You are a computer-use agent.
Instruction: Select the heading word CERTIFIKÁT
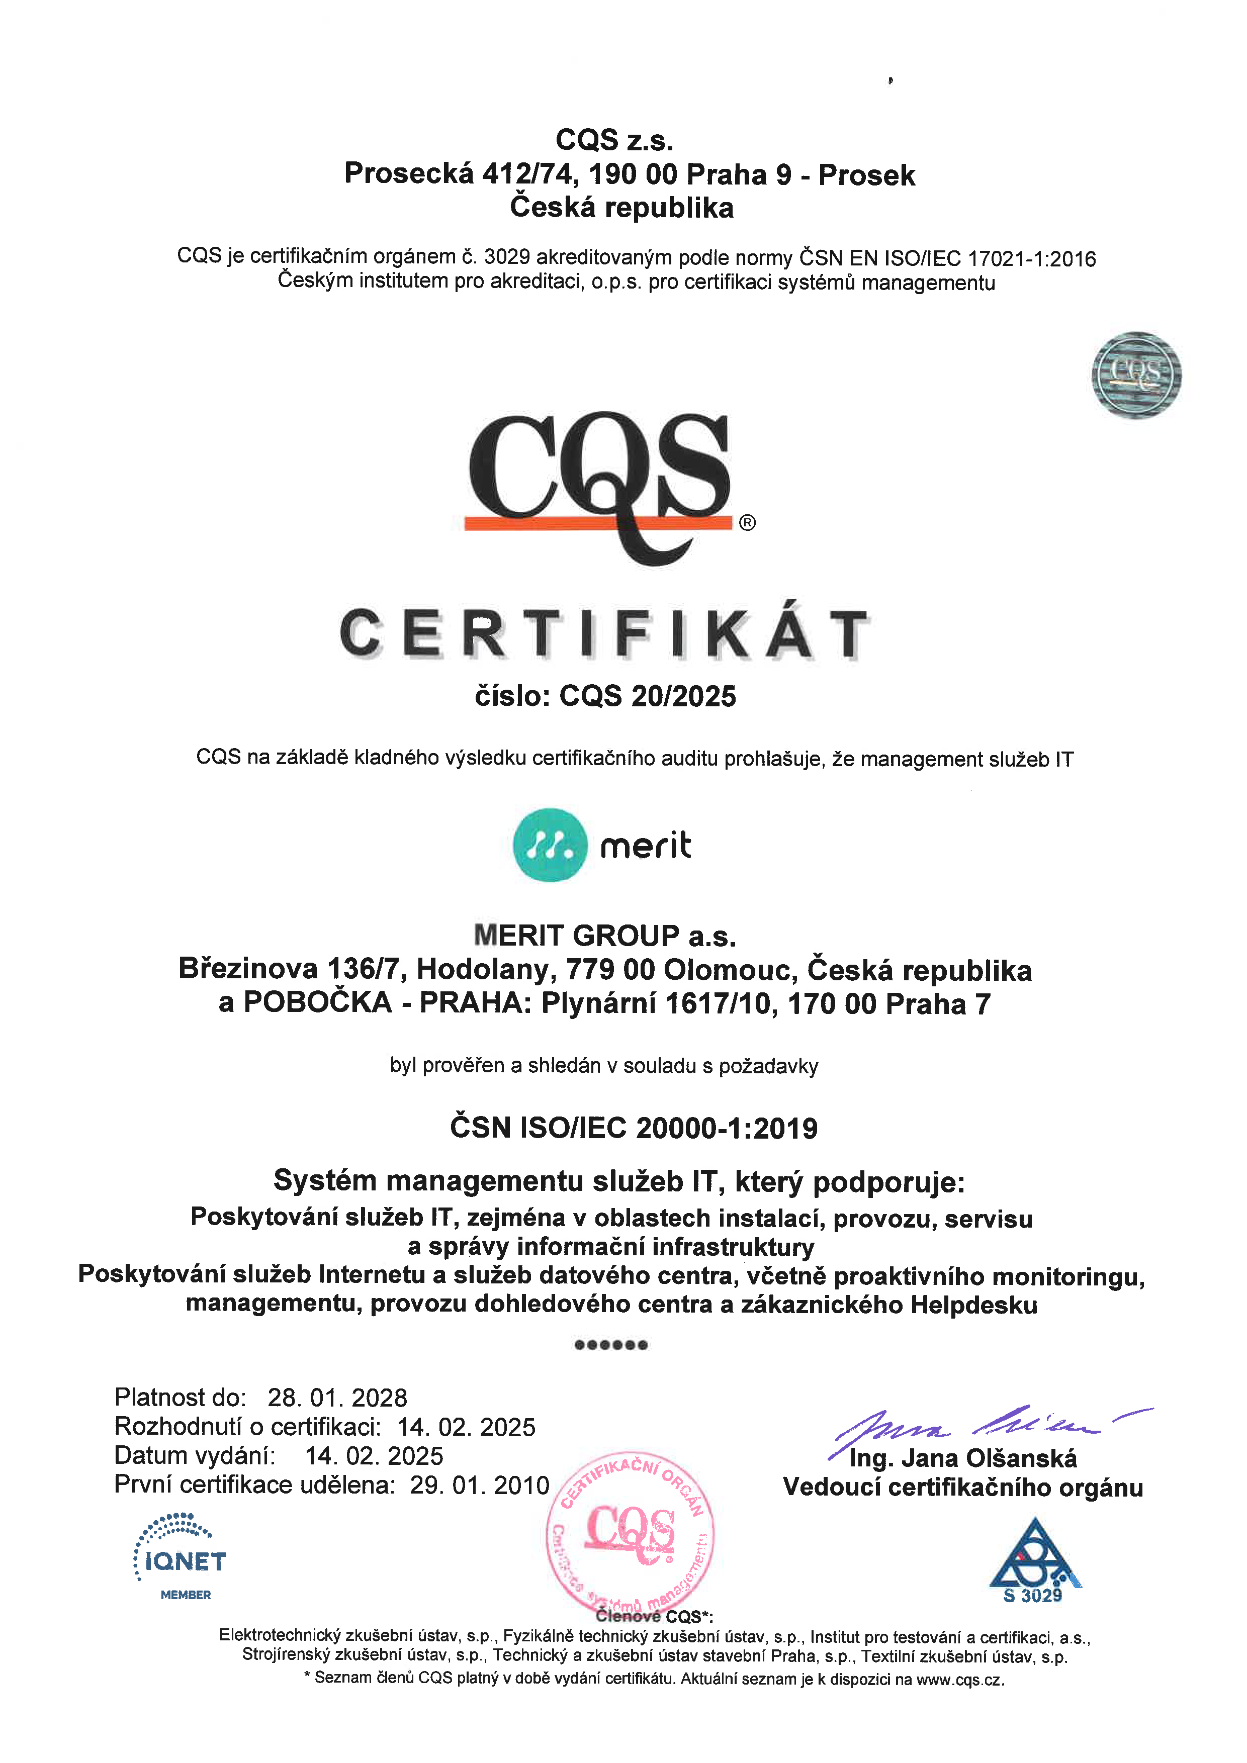[604, 634]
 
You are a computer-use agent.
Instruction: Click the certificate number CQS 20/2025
[647, 696]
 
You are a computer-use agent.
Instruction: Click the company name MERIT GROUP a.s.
[604, 935]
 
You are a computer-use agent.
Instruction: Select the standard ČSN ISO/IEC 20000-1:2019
[634, 1128]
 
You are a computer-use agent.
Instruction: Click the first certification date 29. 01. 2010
[479, 1484]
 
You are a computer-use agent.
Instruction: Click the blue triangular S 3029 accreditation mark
[1034, 1559]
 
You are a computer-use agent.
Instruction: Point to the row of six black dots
[611, 1345]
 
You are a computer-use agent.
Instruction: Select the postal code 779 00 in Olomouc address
[610, 970]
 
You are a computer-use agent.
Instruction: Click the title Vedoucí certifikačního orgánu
[963, 1488]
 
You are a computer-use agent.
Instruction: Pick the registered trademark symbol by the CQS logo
[747, 523]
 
